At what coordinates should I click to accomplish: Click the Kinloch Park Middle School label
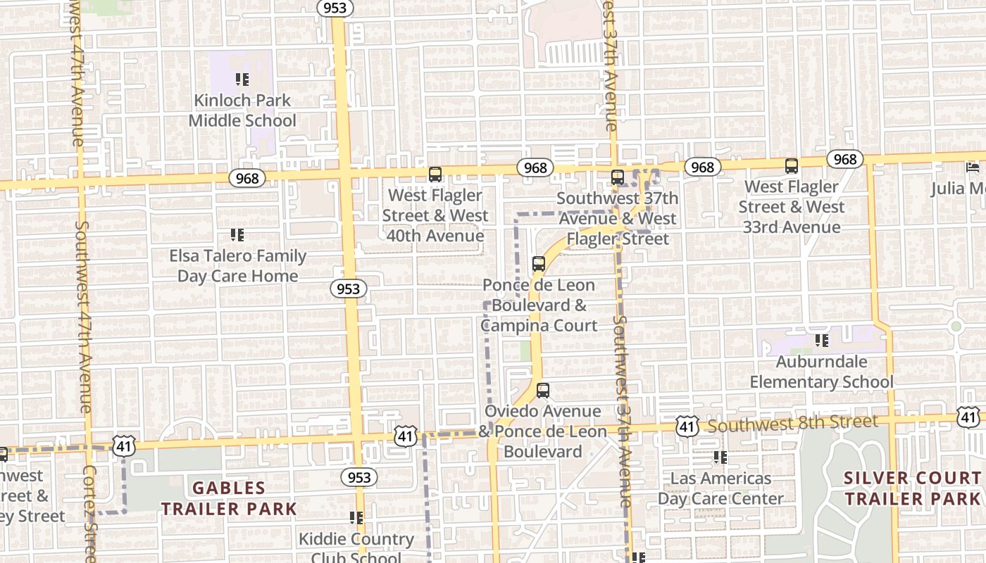pos(242,110)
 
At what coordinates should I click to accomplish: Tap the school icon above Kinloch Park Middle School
pos(242,79)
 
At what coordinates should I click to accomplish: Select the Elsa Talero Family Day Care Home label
pos(238,266)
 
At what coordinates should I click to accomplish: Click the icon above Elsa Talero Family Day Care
pos(237,234)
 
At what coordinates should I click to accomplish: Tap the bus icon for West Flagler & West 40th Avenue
pos(435,174)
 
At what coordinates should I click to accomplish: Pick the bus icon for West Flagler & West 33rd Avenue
pos(792,166)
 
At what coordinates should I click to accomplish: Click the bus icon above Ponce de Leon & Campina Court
pos(539,264)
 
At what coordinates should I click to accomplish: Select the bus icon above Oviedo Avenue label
pos(542,390)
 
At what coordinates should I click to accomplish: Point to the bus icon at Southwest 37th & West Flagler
pos(618,177)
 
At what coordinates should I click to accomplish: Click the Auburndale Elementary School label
pos(821,372)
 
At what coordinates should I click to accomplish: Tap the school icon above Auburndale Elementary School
pos(821,341)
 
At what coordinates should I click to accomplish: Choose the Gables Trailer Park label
pos(229,498)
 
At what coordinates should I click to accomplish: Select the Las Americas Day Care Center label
pos(720,488)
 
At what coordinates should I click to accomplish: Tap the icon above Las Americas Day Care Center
pos(720,457)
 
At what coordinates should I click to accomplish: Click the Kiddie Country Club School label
pos(356,548)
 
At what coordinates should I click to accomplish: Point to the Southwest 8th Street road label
pos(793,424)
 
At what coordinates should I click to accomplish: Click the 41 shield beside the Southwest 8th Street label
pos(687,425)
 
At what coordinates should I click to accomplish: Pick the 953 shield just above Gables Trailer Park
pos(359,477)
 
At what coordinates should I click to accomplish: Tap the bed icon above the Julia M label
pos(973,167)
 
